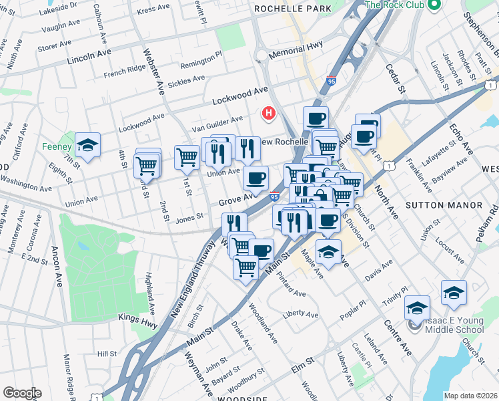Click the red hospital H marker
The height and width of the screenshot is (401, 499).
point(269,114)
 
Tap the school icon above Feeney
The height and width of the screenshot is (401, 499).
point(87,144)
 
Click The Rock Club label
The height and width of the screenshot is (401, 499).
point(396,5)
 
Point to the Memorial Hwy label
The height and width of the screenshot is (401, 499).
point(295,51)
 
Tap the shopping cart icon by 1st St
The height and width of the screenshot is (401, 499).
point(187,157)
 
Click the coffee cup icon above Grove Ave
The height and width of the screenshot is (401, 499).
point(255,178)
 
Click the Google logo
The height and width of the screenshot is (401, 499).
point(22,392)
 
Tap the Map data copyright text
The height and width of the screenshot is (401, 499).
point(470,396)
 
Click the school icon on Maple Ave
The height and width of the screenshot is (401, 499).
point(328,252)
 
